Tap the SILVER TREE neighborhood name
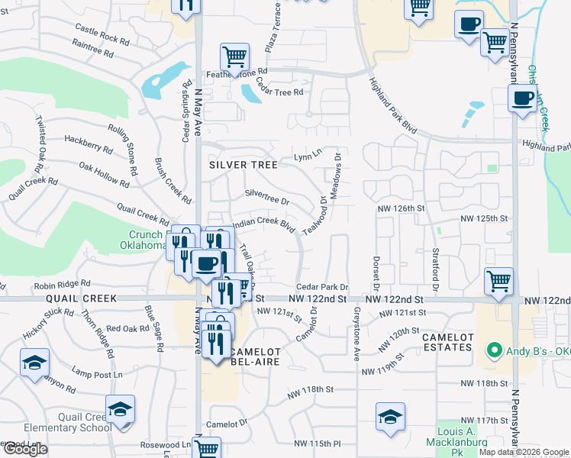tap(239, 164)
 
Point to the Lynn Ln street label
tap(308, 157)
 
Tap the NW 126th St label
tap(398, 208)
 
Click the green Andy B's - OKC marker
tap(495, 352)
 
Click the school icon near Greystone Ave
tap(390, 417)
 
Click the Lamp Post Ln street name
tap(97, 374)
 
